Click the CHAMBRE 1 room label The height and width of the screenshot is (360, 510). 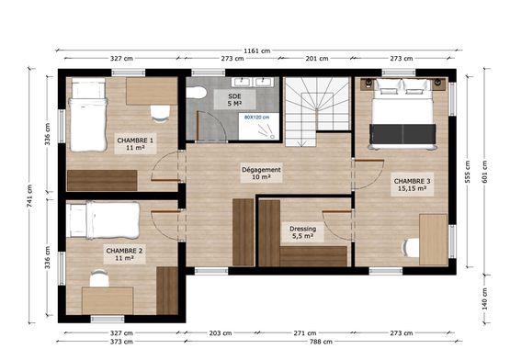(x=135, y=144)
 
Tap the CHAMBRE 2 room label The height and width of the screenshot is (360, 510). (x=124, y=254)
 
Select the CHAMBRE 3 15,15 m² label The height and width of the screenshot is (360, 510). (x=412, y=185)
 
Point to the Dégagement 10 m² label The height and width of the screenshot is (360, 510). (x=261, y=173)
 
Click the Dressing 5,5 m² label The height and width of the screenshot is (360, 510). (x=303, y=232)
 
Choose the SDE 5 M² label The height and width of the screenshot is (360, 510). (x=234, y=100)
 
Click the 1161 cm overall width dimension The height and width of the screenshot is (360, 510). (x=257, y=51)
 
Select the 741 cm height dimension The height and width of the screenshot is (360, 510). (x=30, y=197)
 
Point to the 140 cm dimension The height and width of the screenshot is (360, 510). (x=484, y=298)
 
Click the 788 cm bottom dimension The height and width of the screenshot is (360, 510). (x=321, y=342)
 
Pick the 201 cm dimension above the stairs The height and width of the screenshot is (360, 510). (x=316, y=59)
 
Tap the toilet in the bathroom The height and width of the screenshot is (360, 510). (x=196, y=93)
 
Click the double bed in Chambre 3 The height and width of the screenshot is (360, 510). (x=402, y=114)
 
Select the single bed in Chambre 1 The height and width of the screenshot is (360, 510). (x=88, y=115)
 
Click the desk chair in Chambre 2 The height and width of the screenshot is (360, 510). (x=99, y=278)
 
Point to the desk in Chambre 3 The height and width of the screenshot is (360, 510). (x=433, y=240)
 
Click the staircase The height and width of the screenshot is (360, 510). (x=317, y=110)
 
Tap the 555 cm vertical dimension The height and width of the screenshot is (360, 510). (x=468, y=172)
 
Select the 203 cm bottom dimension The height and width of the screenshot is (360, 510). (x=221, y=333)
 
